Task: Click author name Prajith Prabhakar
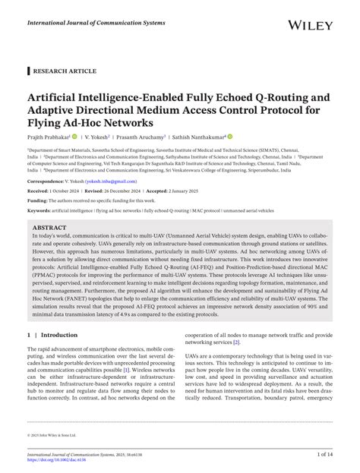48,137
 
